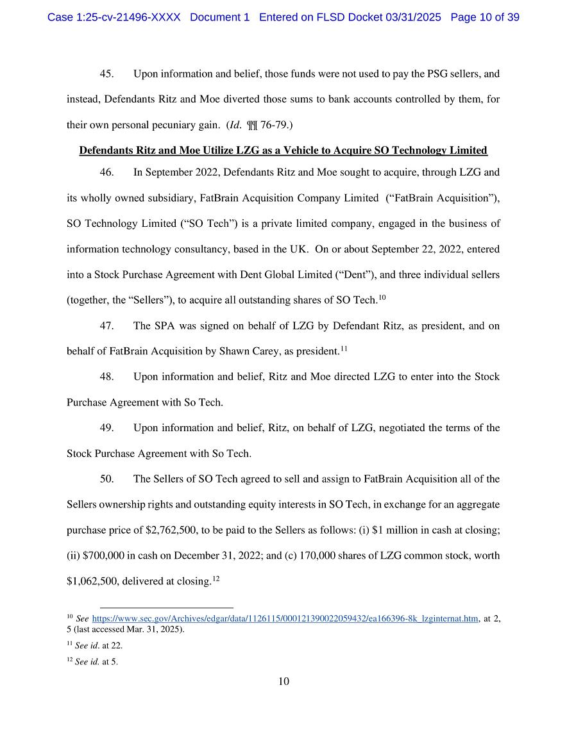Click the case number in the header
[x=114, y=17]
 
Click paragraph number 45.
[x=106, y=74]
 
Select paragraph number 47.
[x=106, y=325]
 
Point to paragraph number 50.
[x=106, y=479]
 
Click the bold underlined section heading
[x=283, y=151]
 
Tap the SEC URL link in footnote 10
[x=285, y=618]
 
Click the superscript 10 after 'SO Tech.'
[x=382, y=297]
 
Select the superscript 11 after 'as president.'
[x=344, y=348]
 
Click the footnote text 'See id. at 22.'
[x=98, y=646]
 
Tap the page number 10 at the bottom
[x=283, y=681]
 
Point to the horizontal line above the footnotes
[x=167, y=607]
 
